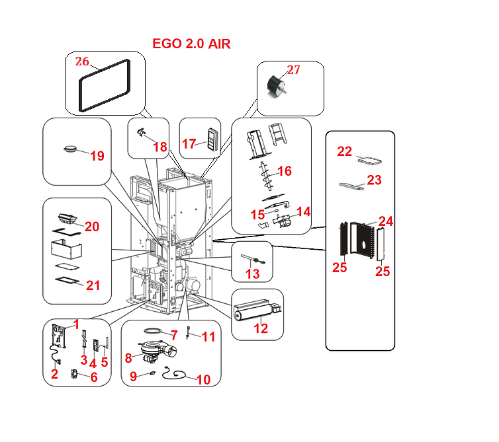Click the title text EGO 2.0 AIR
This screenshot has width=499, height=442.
(x=191, y=44)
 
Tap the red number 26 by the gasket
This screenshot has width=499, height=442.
(x=82, y=61)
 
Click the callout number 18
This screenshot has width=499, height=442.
(x=159, y=147)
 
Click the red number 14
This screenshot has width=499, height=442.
(x=304, y=211)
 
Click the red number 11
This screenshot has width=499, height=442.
(x=208, y=337)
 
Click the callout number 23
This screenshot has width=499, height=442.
(x=374, y=180)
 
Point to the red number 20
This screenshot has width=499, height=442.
(x=91, y=227)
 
